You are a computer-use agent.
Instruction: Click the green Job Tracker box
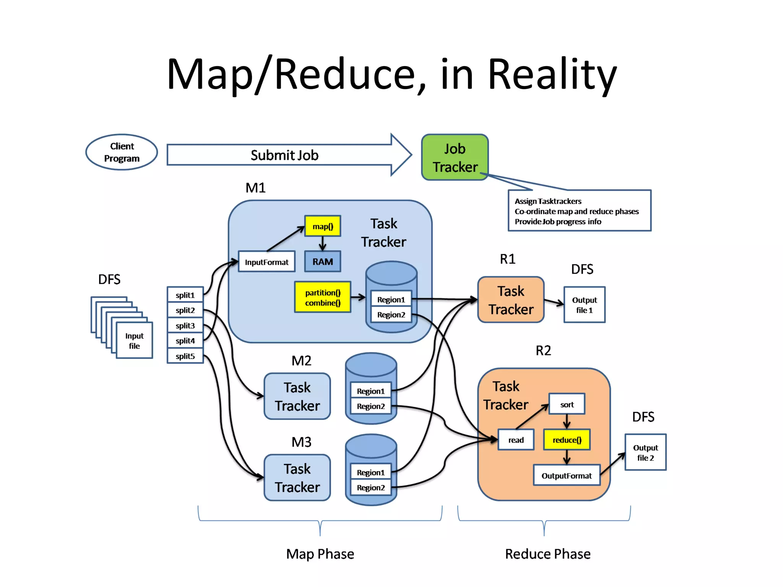point(455,157)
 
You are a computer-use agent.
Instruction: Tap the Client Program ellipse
point(122,152)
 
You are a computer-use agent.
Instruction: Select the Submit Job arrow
point(285,155)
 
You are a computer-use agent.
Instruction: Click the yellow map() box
point(323,226)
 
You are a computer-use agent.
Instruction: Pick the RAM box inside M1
point(322,262)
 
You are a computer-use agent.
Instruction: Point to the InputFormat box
point(266,262)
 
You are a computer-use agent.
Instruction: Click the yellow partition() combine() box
point(323,298)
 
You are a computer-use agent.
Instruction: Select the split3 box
point(185,325)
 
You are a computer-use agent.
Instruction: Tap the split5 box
point(185,356)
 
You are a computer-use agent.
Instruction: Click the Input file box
point(134,341)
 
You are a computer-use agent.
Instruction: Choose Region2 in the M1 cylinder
point(391,315)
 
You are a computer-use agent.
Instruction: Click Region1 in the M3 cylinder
point(370,472)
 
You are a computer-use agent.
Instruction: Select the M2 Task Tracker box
point(297,396)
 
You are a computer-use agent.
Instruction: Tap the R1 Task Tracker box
point(511,300)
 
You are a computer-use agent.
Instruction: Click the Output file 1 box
point(584,305)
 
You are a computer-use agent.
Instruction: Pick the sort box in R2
point(567,404)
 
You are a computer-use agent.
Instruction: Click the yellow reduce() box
point(567,440)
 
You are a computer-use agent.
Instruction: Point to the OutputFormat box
point(566,475)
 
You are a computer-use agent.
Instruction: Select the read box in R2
point(516,440)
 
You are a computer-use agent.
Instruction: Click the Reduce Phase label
point(547,554)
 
